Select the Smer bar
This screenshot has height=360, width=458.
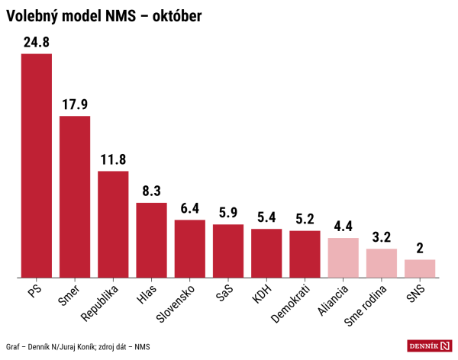pos(75,197)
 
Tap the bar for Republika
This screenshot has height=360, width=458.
pos(113,224)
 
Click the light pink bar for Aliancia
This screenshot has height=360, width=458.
pos(343,258)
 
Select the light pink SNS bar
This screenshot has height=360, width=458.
pos(419,268)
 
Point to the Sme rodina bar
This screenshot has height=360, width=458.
pos(381,263)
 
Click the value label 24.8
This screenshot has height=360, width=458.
pos(36,43)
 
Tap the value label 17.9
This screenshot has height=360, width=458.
pos(75,105)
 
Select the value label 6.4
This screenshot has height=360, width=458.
pos(189,209)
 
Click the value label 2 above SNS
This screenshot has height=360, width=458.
pos(419,249)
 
